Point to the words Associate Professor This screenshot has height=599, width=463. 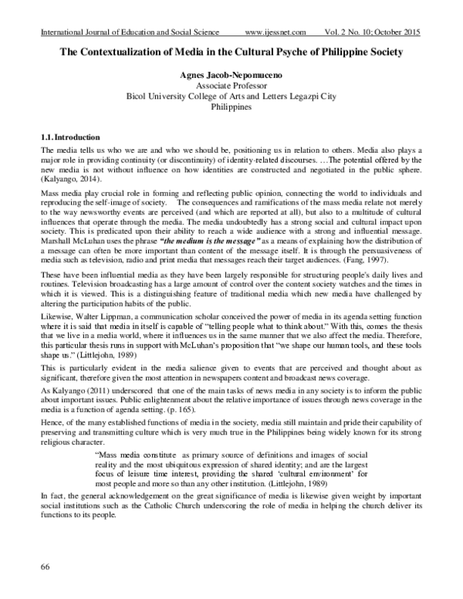[232, 86]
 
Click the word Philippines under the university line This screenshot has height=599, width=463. [232, 108]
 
